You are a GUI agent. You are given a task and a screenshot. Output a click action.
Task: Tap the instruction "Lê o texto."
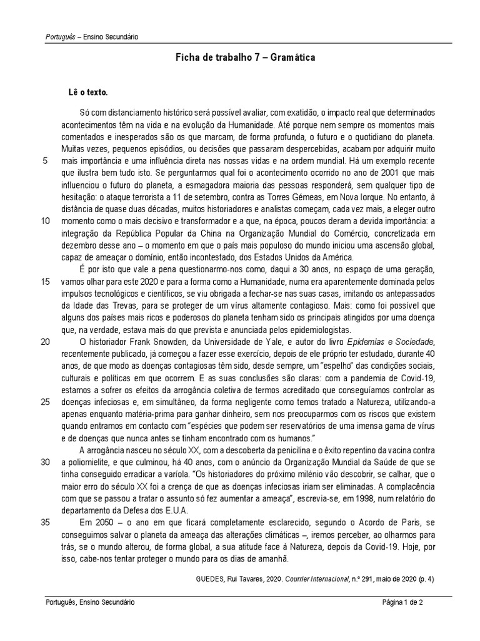click(x=87, y=92)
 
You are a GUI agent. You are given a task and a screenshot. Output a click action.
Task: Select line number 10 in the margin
click(x=45, y=221)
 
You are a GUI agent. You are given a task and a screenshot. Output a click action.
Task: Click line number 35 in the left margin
click(x=45, y=521)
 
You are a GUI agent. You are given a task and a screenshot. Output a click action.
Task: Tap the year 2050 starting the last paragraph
click(x=101, y=521)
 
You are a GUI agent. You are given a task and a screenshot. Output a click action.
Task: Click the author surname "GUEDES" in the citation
click(x=204, y=578)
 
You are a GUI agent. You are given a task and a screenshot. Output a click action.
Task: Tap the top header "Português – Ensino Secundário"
click(x=92, y=37)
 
